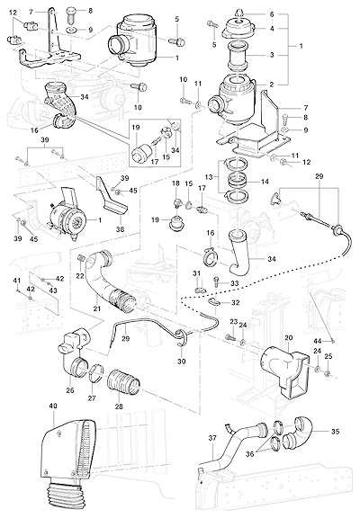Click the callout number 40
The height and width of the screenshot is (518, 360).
tap(53, 406)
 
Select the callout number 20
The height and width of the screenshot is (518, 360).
tap(288, 337)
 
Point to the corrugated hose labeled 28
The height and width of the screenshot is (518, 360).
tap(124, 383)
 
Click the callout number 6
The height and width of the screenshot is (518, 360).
tap(272, 14)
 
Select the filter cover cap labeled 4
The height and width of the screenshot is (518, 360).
tap(238, 29)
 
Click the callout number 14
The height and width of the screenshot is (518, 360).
tap(265, 182)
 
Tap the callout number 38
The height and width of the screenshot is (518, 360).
tap(121, 228)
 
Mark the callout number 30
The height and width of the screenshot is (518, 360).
tap(182, 362)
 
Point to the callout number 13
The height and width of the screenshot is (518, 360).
tap(209, 177)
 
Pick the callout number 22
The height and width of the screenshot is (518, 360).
tap(80, 276)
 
